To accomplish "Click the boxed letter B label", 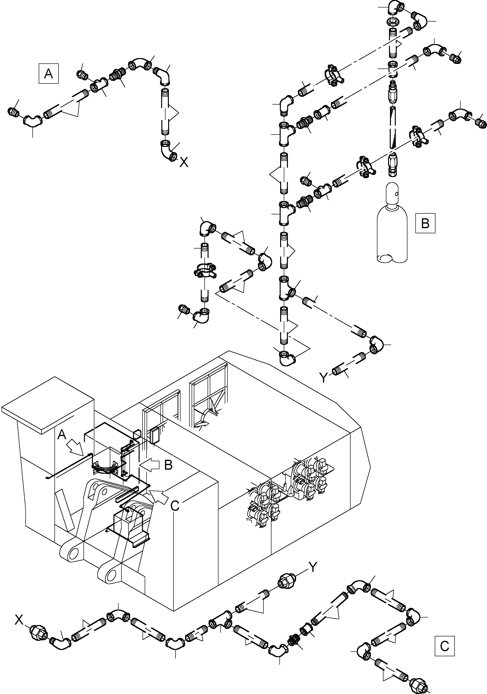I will [425, 223].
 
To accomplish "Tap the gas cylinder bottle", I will [392, 230].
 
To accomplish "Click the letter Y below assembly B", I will [323, 377].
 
